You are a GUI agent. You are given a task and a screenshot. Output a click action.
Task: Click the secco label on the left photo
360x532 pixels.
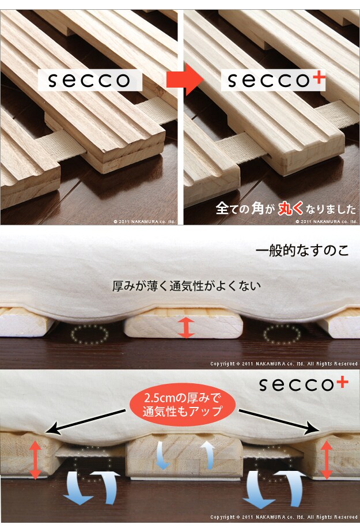click(x=89, y=80)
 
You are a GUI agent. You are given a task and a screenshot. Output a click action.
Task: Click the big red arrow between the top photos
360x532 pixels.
click(x=185, y=80)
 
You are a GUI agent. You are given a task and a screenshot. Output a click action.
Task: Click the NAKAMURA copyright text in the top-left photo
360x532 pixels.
click(x=145, y=221)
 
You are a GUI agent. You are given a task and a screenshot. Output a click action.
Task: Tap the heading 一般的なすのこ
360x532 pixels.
click(x=302, y=251)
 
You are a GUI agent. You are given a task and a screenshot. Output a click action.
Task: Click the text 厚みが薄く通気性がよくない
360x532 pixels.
click(x=187, y=286)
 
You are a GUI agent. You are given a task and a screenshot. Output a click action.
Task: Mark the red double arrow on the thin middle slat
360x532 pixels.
click(x=186, y=328)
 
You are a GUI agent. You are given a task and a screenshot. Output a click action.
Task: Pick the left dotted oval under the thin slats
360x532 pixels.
click(x=89, y=334)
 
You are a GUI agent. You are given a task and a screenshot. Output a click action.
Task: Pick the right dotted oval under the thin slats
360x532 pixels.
click(x=282, y=334)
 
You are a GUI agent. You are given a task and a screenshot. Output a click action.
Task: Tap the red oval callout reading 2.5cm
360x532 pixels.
click(x=183, y=405)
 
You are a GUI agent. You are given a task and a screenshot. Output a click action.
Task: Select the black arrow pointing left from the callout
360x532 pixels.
click(x=85, y=421)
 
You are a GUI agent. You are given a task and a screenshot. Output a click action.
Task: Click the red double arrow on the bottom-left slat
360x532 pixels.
click(x=35, y=460)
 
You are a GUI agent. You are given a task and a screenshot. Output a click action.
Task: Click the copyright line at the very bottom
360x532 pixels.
click(x=284, y=517)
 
